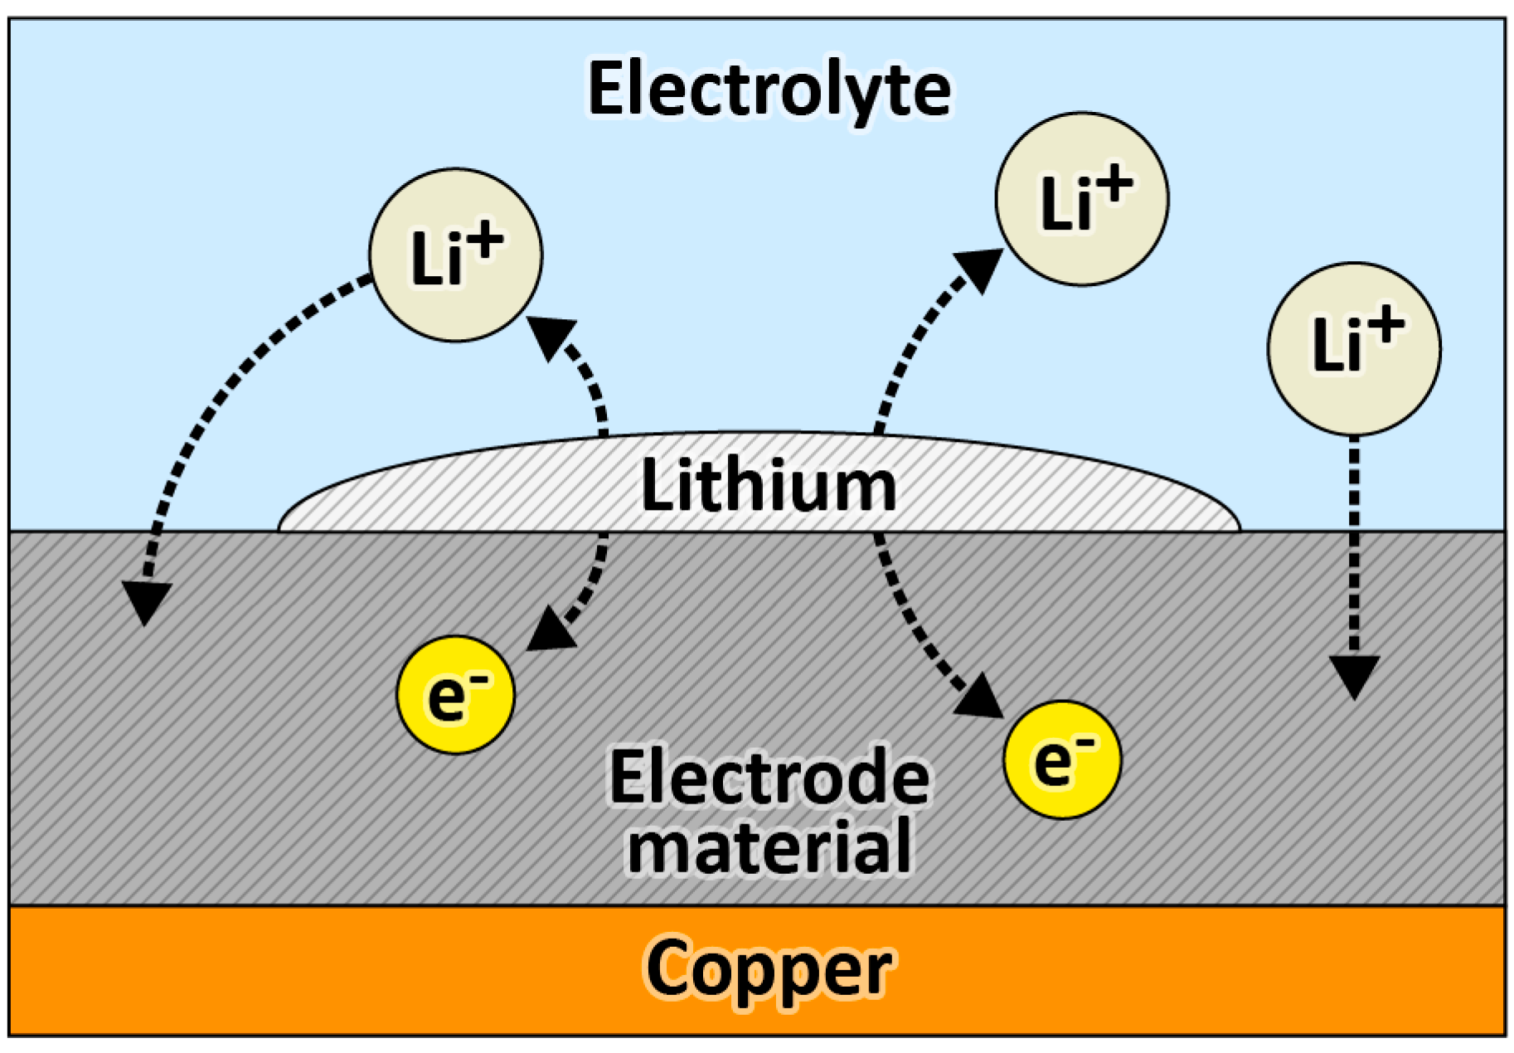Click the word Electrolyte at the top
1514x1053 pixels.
pos(769,89)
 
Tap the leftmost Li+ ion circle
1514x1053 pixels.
pos(455,255)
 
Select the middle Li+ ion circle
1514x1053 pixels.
pos(1082,200)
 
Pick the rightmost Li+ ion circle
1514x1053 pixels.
pos(1354,349)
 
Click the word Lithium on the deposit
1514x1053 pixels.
pos(769,485)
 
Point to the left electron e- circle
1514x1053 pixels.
pos(455,695)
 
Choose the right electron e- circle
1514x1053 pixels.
pos(1062,760)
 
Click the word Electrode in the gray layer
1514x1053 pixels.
pos(769,777)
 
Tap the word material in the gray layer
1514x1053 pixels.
pos(769,846)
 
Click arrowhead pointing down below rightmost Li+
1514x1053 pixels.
pos(1354,675)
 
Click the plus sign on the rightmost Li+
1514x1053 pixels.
pos(1386,326)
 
